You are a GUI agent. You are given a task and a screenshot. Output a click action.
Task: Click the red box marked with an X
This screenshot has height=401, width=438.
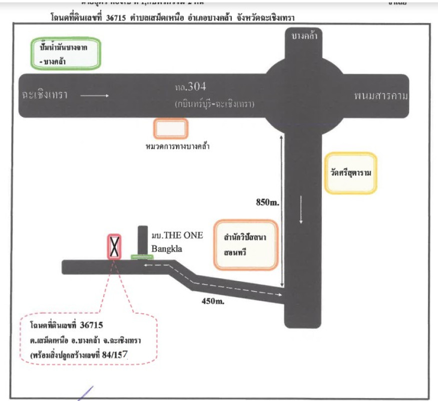click(115, 247)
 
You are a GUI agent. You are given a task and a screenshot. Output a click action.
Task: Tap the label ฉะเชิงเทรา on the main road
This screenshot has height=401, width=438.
click(45, 95)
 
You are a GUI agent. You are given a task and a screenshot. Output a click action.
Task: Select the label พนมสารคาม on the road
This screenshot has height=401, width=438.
click(380, 95)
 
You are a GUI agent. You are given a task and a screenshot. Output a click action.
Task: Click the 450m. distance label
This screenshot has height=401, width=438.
click(212, 301)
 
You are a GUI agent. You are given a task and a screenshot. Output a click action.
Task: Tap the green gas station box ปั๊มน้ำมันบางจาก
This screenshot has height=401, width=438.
click(65, 53)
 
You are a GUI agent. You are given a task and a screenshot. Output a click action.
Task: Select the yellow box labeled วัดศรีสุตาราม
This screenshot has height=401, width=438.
click(350, 173)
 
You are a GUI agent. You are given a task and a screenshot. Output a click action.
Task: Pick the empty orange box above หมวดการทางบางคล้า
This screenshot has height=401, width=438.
click(171, 129)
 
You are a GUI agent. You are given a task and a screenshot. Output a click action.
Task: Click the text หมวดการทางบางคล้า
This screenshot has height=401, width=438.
click(176, 147)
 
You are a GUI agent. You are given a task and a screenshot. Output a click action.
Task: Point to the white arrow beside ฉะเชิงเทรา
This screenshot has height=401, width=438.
click(94, 95)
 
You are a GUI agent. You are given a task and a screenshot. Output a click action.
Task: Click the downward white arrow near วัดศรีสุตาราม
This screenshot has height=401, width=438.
click(301, 210)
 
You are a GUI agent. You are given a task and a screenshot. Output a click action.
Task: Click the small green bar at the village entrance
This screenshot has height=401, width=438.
click(142, 257)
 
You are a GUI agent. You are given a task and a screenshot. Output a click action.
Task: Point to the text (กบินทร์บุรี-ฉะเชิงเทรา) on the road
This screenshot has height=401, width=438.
click(215, 104)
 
